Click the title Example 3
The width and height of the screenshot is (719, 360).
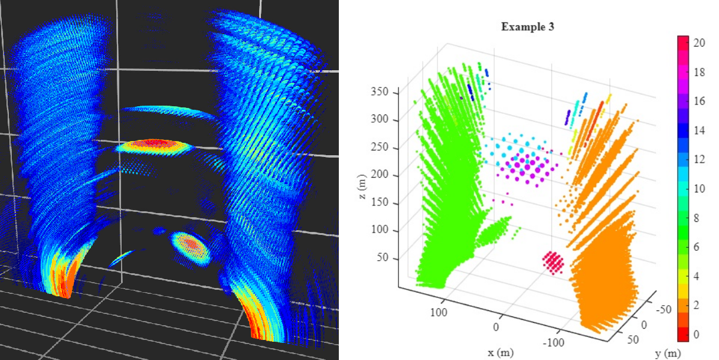pos(527,27)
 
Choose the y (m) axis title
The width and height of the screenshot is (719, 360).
pos(668,353)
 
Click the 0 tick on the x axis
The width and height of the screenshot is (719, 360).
pos(496,327)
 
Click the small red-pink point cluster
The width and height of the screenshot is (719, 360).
pos(554,261)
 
